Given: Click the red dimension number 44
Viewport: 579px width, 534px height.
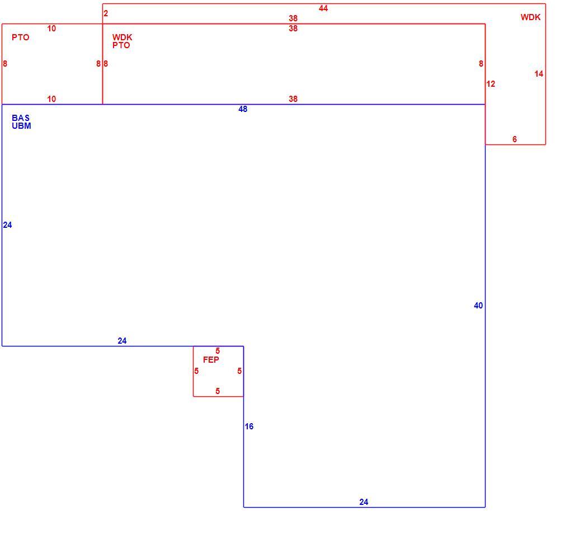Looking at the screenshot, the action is pyautogui.click(x=323, y=8).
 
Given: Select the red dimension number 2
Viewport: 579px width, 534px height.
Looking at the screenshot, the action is pyautogui.click(x=106, y=13).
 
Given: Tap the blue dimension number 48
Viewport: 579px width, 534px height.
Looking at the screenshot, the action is pyautogui.click(x=243, y=109).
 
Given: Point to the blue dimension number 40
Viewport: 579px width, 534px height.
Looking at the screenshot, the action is pyautogui.click(x=478, y=306).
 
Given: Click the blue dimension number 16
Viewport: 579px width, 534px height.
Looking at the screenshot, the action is pyautogui.click(x=249, y=427).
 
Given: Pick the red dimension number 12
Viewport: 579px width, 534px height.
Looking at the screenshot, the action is pyautogui.click(x=491, y=84).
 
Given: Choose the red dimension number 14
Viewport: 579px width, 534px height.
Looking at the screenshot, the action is pyautogui.click(x=539, y=74).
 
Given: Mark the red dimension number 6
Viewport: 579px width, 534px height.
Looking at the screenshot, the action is pyautogui.click(x=514, y=139).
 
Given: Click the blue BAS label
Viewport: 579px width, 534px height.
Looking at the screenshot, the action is pyautogui.click(x=21, y=118).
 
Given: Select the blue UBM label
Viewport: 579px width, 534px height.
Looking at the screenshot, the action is pyautogui.click(x=21, y=126).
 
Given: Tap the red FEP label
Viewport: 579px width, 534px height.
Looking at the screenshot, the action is pyautogui.click(x=211, y=359).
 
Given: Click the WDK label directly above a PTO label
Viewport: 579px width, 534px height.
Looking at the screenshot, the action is pyautogui.click(x=122, y=38).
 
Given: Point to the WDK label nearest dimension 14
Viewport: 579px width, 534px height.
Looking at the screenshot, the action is pyautogui.click(x=531, y=17).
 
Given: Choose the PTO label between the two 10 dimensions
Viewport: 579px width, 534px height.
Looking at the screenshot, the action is pyautogui.click(x=20, y=38).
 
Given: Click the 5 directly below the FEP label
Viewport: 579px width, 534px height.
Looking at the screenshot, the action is pyautogui.click(x=218, y=391).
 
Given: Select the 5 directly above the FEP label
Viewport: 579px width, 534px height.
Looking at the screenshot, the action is pyautogui.click(x=218, y=351).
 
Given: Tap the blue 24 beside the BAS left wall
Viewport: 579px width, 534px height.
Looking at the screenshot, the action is pyautogui.click(x=7, y=225).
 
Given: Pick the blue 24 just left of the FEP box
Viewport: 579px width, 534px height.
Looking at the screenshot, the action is pyautogui.click(x=122, y=341).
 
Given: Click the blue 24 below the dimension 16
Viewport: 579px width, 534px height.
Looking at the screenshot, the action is pyautogui.click(x=364, y=502).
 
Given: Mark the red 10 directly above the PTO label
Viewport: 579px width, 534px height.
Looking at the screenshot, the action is pyautogui.click(x=51, y=29).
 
